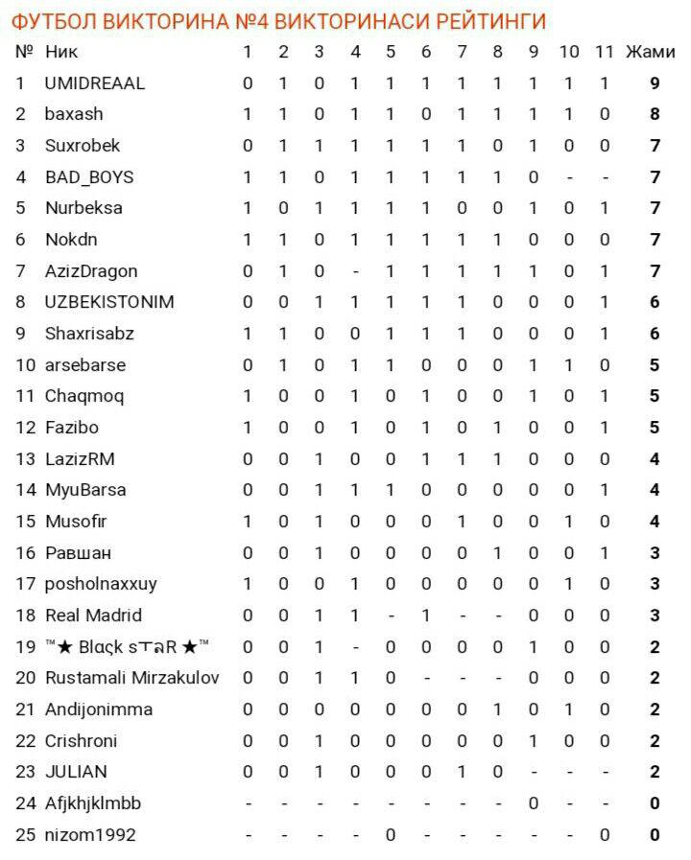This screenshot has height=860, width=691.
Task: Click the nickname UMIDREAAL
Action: tap(95, 83)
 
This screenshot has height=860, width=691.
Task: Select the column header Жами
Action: tap(650, 52)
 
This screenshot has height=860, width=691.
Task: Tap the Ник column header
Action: tap(62, 52)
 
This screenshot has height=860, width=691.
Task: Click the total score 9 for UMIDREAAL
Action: tap(655, 83)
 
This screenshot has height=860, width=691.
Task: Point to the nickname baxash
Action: tap(74, 114)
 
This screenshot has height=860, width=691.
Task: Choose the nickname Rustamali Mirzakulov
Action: tap(132, 678)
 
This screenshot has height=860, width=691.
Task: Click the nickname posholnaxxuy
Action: tap(101, 584)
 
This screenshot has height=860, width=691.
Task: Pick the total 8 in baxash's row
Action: tap(655, 114)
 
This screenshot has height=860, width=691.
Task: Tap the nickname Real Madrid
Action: tap(93, 616)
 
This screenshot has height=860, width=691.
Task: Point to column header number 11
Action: tap(604, 52)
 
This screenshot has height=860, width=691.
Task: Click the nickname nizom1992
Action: tap(90, 835)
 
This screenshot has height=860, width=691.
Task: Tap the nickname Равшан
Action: tap(78, 553)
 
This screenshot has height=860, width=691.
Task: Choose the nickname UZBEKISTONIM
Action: tap(109, 302)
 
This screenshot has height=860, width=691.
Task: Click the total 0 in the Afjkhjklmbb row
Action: tap(655, 803)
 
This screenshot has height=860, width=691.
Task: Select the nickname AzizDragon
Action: tap(91, 271)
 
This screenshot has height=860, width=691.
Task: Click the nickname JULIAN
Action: tap(76, 772)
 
